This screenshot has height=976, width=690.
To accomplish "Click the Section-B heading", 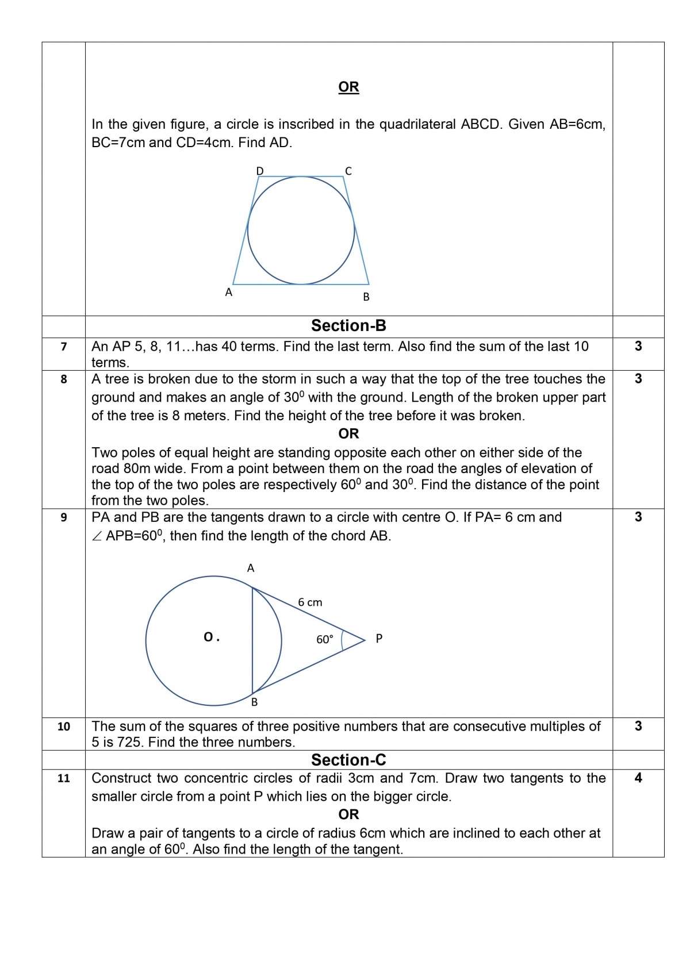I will point(348,326).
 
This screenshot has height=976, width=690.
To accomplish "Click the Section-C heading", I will point(348,760).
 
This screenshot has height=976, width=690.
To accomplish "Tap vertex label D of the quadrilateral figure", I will point(260,171).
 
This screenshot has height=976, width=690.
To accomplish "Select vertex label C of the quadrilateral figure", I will point(348,171).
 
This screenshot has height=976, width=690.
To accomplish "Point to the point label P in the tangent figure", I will point(379,638).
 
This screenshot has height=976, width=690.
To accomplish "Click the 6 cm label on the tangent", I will point(310,602).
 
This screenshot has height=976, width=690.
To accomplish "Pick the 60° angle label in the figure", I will point(324,639).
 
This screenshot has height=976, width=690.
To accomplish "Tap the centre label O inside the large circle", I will point(209,637).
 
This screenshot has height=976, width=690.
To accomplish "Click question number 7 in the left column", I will point(64,347).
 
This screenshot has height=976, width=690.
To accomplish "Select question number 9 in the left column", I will point(64,517).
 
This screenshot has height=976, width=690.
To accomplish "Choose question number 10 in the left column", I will point(64,727).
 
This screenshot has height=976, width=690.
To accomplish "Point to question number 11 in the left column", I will point(64,778).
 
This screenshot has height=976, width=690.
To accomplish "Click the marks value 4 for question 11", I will point(638,778).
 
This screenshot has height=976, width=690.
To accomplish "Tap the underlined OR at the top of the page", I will point(348,87).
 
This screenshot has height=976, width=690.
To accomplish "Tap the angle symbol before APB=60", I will point(97,536).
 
